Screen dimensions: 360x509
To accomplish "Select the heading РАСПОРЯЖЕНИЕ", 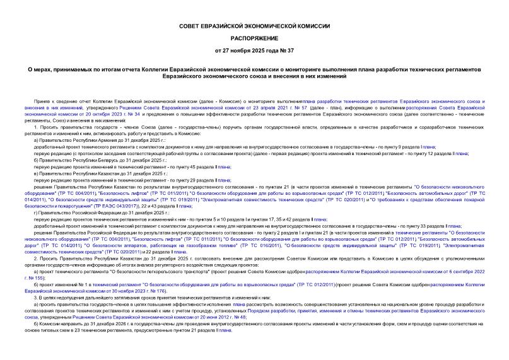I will [254, 37].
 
